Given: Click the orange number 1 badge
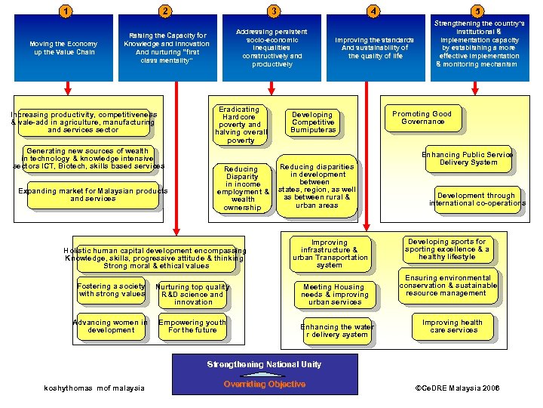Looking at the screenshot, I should click(67, 10).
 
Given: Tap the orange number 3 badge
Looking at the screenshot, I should click(274, 10).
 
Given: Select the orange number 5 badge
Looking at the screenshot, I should click(476, 10).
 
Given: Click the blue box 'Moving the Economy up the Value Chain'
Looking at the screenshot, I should click(63, 48).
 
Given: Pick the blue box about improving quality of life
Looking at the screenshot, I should click(375, 48).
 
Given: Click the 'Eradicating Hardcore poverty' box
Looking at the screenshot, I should click(241, 125).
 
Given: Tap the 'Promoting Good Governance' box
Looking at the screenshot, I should click(422, 118).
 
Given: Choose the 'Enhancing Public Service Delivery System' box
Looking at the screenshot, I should click(468, 159).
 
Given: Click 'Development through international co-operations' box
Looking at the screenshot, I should click(477, 199).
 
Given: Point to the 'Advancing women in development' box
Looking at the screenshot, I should click(111, 326).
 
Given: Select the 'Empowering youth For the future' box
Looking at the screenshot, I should click(192, 326).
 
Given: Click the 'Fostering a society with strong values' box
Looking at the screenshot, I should click(111, 290).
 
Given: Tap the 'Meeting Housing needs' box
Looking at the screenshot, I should click(334, 295).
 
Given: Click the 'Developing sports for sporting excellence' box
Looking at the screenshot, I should click(447, 249).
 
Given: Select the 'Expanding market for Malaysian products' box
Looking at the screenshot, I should click(93, 195).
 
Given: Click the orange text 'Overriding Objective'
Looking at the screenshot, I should click(264, 385).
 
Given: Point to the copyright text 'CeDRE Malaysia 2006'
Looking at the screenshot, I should click(457, 388).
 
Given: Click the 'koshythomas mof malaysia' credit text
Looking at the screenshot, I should click(94, 388).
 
